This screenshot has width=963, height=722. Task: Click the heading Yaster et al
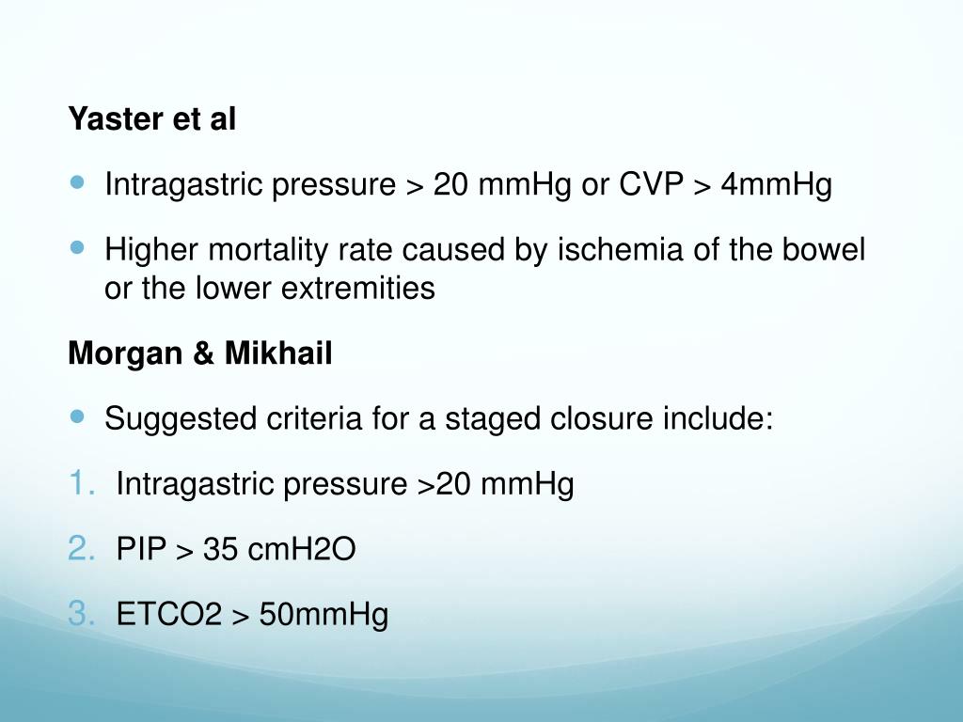click(x=151, y=120)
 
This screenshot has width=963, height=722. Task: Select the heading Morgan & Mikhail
click(x=199, y=354)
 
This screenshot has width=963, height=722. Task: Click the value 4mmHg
click(x=777, y=185)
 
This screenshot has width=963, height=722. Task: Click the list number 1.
click(x=81, y=484)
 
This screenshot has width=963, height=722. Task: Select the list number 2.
click(x=81, y=549)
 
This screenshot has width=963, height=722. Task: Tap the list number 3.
click(x=81, y=615)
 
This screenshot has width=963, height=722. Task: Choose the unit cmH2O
click(x=302, y=550)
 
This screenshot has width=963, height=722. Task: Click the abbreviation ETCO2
click(x=168, y=616)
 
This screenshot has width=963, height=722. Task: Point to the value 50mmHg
click(x=324, y=616)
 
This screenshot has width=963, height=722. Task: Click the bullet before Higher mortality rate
click(x=77, y=247)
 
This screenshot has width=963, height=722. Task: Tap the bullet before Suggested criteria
click(x=77, y=415)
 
